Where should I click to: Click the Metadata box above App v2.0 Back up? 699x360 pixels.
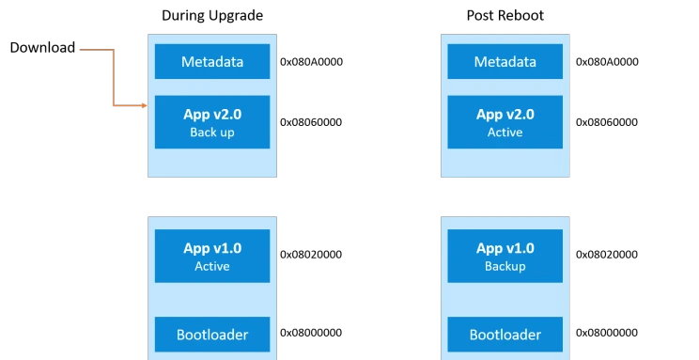point(212,62)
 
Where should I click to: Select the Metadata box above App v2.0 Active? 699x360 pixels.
point(505,62)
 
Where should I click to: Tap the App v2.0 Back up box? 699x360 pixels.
point(212,122)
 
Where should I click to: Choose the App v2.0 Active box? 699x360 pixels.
point(505,122)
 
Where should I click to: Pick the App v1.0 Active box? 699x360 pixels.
point(212,257)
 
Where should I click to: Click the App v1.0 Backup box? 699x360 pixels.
point(505,257)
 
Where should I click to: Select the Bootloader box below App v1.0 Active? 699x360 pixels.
point(212,334)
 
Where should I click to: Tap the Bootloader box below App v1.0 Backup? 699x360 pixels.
point(505,334)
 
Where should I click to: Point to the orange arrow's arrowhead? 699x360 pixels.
point(145,105)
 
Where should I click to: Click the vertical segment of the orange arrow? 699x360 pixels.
point(114,77)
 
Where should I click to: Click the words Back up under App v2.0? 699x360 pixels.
point(212,133)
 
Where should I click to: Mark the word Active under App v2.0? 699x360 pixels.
point(505,133)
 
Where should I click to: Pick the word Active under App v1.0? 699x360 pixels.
point(212,267)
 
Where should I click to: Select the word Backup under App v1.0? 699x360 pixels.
point(505,267)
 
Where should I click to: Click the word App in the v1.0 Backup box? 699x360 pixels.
point(489,249)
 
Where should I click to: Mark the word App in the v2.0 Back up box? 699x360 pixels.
point(196,115)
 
